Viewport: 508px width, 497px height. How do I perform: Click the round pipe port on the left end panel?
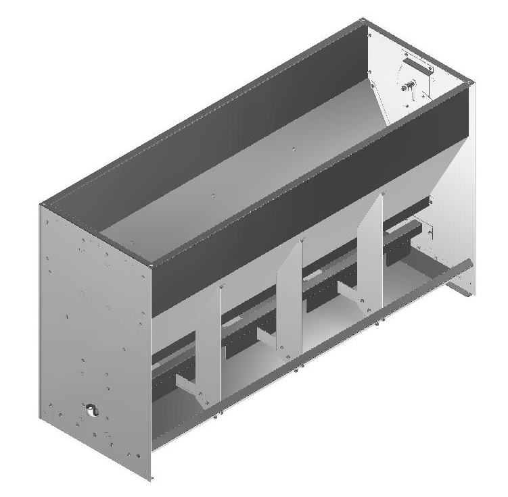click(90, 411)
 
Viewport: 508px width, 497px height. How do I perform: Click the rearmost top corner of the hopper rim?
click(366, 22)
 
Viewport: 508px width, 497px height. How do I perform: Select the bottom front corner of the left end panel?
click(151, 479)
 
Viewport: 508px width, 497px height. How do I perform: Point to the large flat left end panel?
click(95, 338)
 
